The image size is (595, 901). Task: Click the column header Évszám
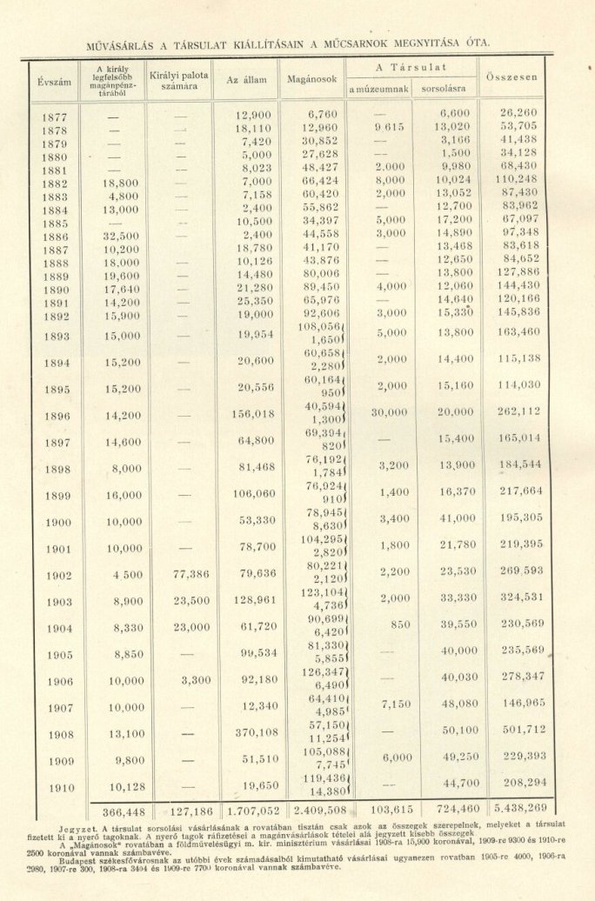(x=54, y=81)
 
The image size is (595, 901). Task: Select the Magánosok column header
(x=311, y=80)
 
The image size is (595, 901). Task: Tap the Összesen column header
(x=512, y=77)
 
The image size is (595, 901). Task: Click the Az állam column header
(x=246, y=80)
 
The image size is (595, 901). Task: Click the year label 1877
(x=54, y=116)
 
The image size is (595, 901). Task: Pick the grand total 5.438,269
(x=520, y=808)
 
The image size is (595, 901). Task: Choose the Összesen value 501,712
(x=522, y=731)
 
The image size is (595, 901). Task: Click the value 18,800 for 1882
(x=120, y=184)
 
